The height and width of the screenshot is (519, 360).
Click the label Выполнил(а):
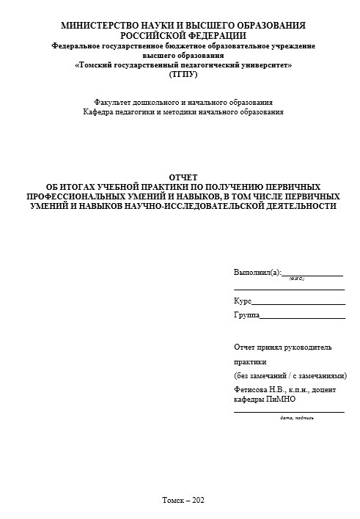pos(257,272)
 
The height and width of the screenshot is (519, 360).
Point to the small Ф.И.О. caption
pos(297,279)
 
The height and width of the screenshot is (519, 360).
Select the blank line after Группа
pos(303,317)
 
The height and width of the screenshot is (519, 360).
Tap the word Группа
pos(246,314)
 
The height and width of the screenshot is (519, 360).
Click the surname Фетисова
pos(251,390)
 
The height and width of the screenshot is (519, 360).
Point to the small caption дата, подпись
pos(297,418)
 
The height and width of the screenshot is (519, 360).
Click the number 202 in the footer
pos(197,500)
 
